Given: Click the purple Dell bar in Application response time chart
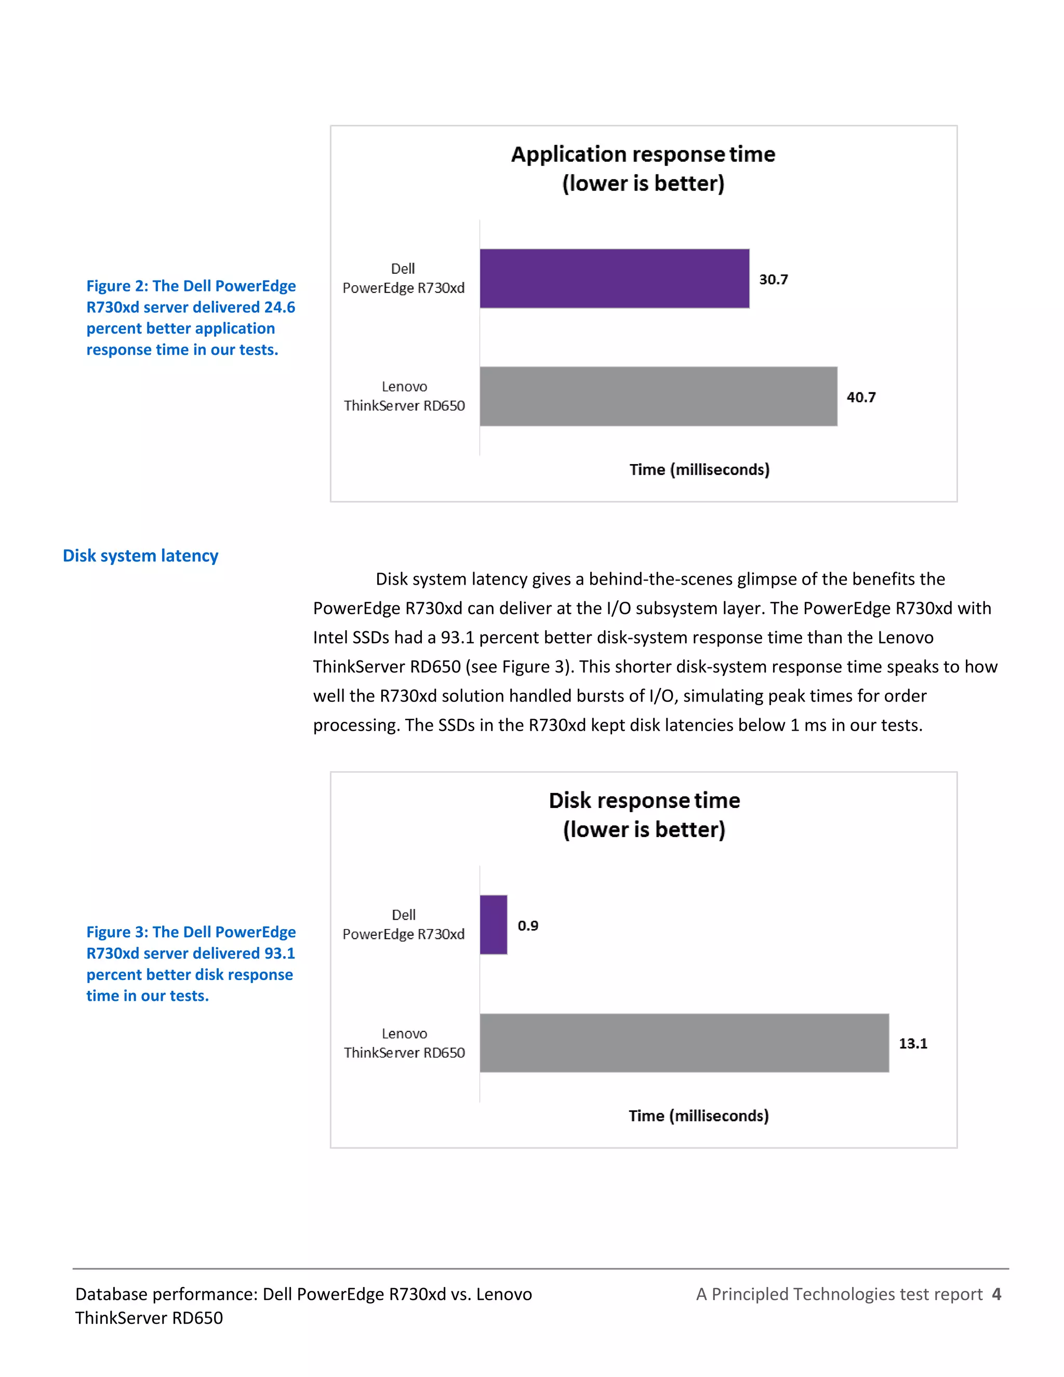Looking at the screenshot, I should click(x=615, y=279).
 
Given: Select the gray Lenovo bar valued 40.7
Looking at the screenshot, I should click(x=658, y=396).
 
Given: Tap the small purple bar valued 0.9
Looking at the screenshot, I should click(x=494, y=924).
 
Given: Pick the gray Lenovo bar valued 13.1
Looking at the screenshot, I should click(x=684, y=1043).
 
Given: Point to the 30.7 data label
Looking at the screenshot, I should click(x=774, y=280).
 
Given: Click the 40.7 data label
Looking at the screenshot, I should click(x=861, y=397).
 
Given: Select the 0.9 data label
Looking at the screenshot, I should click(x=528, y=925).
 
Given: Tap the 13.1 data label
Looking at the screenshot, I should click(x=913, y=1043).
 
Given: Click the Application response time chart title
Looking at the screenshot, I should click(x=643, y=168).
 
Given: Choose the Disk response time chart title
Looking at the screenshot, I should click(x=644, y=815).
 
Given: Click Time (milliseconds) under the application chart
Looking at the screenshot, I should click(x=699, y=470).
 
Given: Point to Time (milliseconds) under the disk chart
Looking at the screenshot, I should click(x=698, y=1116).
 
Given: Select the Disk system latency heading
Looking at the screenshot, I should click(x=141, y=555).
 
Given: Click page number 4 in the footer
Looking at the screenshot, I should click(x=996, y=1294).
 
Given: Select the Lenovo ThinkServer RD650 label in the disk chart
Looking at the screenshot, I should click(x=404, y=1043).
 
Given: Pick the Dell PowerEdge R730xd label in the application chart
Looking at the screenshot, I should click(x=403, y=278).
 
